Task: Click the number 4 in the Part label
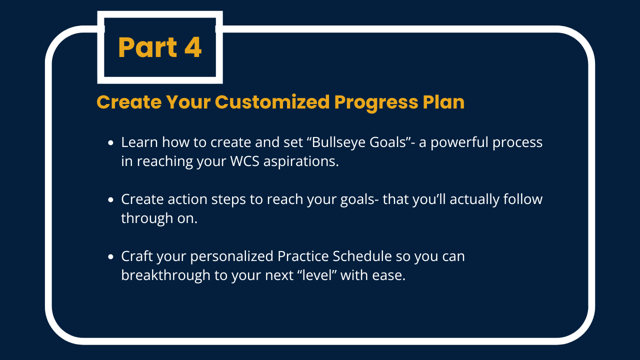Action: (x=193, y=47)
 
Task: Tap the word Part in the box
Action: (x=147, y=47)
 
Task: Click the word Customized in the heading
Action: (x=272, y=102)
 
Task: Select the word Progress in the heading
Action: (x=376, y=103)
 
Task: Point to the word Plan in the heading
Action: (x=443, y=101)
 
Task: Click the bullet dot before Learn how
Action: (x=111, y=142)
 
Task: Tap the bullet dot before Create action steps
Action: (x=111, y=199)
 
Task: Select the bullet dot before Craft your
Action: (x=111, y=257)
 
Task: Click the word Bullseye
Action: (x=336, y=142)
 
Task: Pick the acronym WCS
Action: (x=245, y=161)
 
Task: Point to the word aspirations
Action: (x=301, y=162)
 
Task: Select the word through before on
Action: (x=147, y=218)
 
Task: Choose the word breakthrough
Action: (x=165, y=275)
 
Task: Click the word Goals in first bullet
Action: (x=391, y=142)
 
